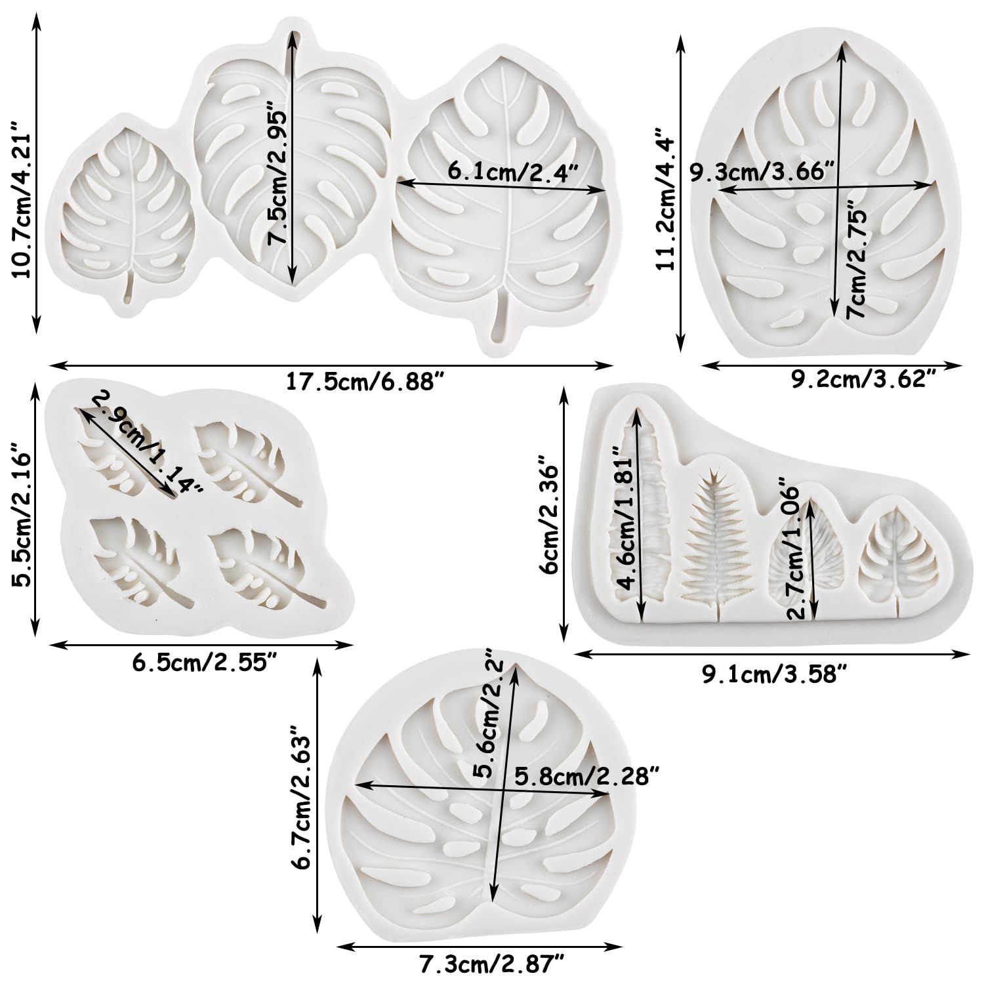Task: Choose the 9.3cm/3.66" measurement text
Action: [762, 172]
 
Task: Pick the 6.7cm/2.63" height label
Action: [303, 796]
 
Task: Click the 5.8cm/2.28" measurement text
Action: [586, 776]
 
